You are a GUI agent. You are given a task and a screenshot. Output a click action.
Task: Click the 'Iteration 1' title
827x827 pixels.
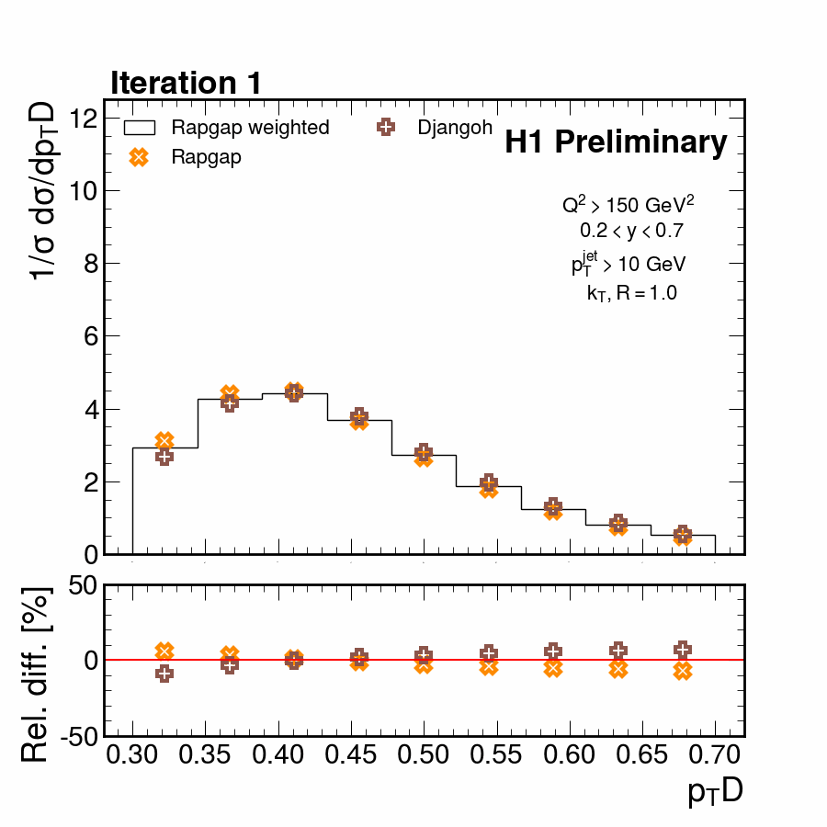(x=187, y=83)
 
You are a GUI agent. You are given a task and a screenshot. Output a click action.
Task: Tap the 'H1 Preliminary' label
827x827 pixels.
(x=616, y=142)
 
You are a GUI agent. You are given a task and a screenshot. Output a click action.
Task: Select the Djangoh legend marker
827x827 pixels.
(x=386, y=128)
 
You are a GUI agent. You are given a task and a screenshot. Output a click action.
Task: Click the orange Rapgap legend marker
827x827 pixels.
(x=139, y=157)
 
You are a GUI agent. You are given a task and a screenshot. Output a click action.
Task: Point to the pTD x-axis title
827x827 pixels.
(x=715, y=792)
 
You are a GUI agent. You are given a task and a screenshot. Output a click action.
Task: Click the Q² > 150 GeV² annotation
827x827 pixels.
(x=628, y=204)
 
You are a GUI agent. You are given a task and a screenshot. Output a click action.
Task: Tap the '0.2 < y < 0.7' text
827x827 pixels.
(x=630, y=231)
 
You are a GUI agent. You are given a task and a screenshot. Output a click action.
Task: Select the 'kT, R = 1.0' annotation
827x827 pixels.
(x=632, y=294)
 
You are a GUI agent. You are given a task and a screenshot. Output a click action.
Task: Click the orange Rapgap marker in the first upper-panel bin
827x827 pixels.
(x=164, y=441)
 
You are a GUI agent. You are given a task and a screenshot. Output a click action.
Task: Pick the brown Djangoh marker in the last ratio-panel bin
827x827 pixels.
(x=683, y=649)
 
